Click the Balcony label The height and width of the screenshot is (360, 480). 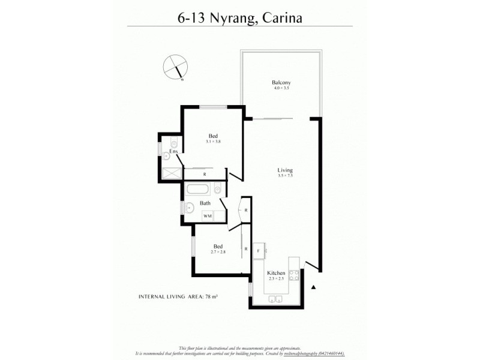point(281,82)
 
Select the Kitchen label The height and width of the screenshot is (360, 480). point(277,273)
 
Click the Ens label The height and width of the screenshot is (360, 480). point(173,152)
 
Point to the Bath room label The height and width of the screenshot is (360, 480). point(205,204)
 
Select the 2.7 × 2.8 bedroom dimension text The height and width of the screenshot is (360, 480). point(219,253)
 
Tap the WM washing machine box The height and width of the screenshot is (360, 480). point(207,216)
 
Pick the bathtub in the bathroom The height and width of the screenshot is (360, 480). point(199,190)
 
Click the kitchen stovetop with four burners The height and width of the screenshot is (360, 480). point(294,275)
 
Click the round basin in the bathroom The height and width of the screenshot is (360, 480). point(189,209)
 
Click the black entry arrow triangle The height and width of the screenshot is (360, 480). point(313,287)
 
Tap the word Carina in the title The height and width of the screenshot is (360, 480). point(280,17)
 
